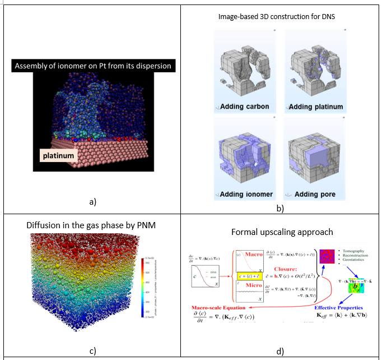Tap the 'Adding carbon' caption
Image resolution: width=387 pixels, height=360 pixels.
[x=244, y=107]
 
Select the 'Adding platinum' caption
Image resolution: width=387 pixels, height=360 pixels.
[x=315, y=107]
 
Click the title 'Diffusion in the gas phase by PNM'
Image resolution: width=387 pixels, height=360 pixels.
[x=91, y=225]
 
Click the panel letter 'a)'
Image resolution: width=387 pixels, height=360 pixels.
[x=92, y=201]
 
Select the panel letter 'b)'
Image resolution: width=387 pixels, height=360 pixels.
[x=279, y=208]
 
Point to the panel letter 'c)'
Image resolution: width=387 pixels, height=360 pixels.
[x=92, y=351]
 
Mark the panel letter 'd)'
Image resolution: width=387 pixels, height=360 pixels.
[x=279, y=351]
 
